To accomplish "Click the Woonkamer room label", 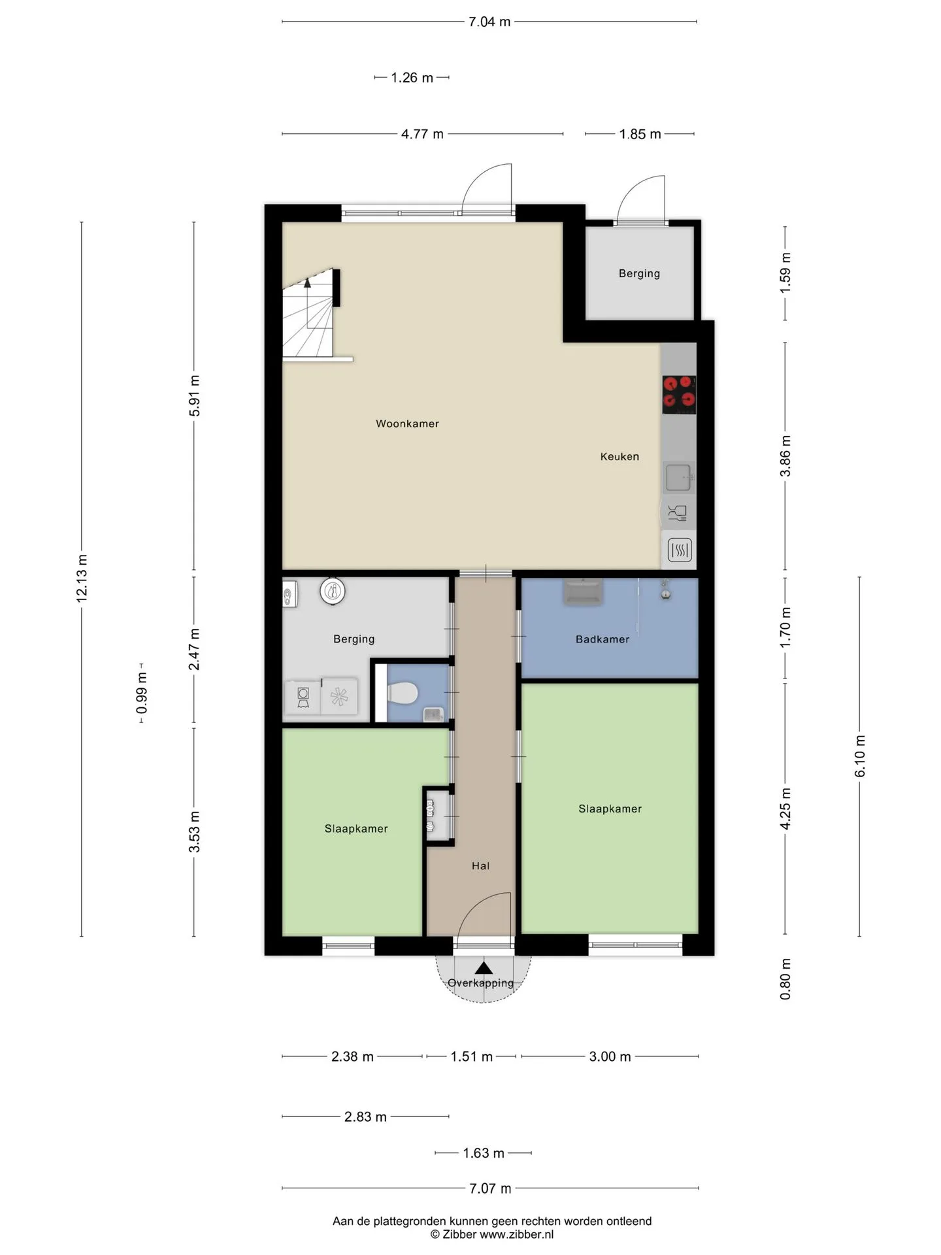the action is (407, 424).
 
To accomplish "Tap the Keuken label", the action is (619, 457).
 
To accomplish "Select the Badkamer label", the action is (603, 639).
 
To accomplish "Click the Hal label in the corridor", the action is (480, 866).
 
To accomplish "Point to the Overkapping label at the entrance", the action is (481, 983).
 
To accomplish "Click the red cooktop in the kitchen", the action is (679, 395).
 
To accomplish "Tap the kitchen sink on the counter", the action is (679, 477).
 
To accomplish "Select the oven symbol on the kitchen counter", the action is (680, 550).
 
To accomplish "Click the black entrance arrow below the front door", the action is (484, 968).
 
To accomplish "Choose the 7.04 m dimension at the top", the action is (489, 22).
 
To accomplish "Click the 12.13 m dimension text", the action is (82, 578).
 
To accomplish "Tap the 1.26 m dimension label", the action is (412, 78).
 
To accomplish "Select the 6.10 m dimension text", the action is (860, 756).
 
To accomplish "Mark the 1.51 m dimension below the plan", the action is (471, 1056).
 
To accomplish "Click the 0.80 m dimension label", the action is (785, 979).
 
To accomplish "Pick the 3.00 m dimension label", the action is (610, 1056).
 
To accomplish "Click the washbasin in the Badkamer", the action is (583, 592).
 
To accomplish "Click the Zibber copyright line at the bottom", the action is (491, 1235).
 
